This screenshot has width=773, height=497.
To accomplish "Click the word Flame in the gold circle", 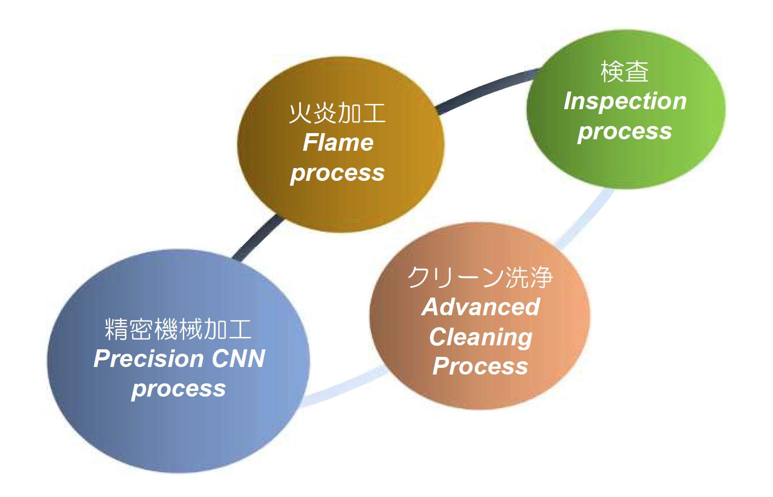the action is point(338,142).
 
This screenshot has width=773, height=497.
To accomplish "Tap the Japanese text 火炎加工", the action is point(337,113).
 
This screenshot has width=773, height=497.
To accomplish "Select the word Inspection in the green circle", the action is point(625,102).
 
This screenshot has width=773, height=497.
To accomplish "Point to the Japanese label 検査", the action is point(625,72).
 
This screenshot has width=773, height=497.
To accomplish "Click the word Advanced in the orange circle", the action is point(481,307).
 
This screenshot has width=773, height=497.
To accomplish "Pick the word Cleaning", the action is point(481,337).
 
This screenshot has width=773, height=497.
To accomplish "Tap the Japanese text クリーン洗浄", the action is point(480,277).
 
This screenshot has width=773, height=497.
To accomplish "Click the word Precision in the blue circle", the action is point(148,358).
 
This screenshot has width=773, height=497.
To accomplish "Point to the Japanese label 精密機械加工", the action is point(178,329).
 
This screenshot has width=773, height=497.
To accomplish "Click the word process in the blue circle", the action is point(179,389).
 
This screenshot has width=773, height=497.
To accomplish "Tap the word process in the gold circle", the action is point(337,173).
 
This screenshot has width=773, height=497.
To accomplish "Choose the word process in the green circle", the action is point(625,132).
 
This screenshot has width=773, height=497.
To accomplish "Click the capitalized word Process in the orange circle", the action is point(481,366).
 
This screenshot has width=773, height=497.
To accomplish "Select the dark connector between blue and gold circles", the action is point(258,237).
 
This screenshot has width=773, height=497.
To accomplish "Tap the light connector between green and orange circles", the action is point(587,219).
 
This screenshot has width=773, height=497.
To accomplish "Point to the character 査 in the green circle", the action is point(637,72).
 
